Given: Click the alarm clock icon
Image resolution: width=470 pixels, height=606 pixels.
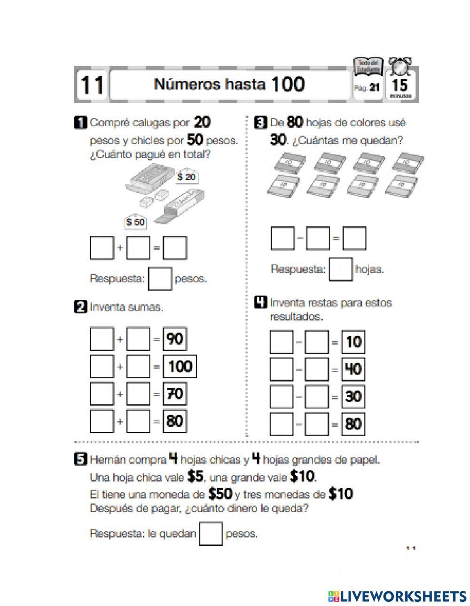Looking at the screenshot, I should [400, 67].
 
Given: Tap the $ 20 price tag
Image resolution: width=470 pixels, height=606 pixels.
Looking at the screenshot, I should [186, 177].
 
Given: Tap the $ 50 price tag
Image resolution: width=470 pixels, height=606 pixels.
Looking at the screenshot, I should [135, 222].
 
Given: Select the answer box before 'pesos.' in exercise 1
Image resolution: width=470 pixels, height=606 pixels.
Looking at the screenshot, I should [160, 279].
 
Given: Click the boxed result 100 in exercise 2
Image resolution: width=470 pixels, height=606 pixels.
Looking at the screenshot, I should [180, 367].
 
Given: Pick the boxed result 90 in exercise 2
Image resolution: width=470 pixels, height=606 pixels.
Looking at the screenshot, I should [175, 339].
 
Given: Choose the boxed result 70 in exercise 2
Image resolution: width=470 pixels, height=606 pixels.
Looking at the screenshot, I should [175, 393].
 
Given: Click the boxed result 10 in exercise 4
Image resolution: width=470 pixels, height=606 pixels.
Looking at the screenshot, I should [353, 342].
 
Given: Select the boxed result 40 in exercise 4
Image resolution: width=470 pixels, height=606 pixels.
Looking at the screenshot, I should [353, 369].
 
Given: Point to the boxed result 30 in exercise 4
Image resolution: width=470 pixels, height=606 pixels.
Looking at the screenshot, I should [353, 397].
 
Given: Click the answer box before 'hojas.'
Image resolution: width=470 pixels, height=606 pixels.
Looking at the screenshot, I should [340, 269].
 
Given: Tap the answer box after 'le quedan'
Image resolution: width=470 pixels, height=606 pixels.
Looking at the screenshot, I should [211, 534].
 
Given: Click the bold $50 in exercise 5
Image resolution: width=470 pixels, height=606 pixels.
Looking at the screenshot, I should [220, 494].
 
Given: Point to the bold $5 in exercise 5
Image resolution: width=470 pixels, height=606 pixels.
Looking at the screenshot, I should [195, 477].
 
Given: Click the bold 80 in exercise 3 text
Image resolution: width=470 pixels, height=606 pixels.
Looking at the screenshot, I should [294, 123].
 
